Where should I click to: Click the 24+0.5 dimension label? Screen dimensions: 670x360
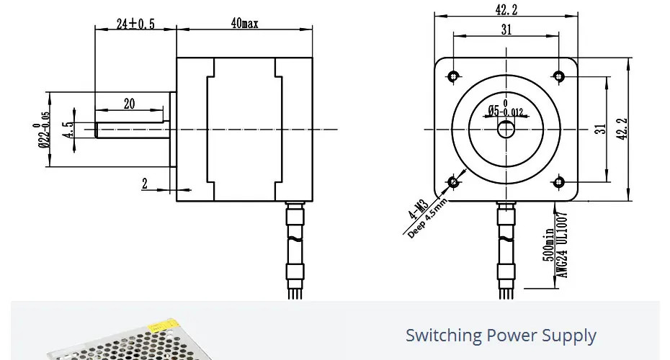pyautogui.click(x=135, y=24)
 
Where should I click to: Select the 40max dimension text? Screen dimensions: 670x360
pyautogui.click(x=244, y=23)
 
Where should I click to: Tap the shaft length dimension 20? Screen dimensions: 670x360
pyautogui.click(x=129, y=104)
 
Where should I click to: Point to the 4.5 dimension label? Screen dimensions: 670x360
pyautogui.click(x=68, y=130)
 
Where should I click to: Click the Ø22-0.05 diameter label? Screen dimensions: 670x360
pyautogui.click(x=42, y=130)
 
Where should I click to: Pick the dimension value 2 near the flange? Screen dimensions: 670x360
pyautogui.click(x=144, y=184)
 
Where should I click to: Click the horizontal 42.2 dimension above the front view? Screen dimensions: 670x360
pyautogui.click(x=506, y=9)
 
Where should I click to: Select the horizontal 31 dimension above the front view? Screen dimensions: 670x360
pyautogui.click(x=506, y=30)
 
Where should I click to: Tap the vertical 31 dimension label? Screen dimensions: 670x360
pyautogui.click(x=600, y=129)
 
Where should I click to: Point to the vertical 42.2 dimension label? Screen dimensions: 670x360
pyautogui.click(x=622, y=129)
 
